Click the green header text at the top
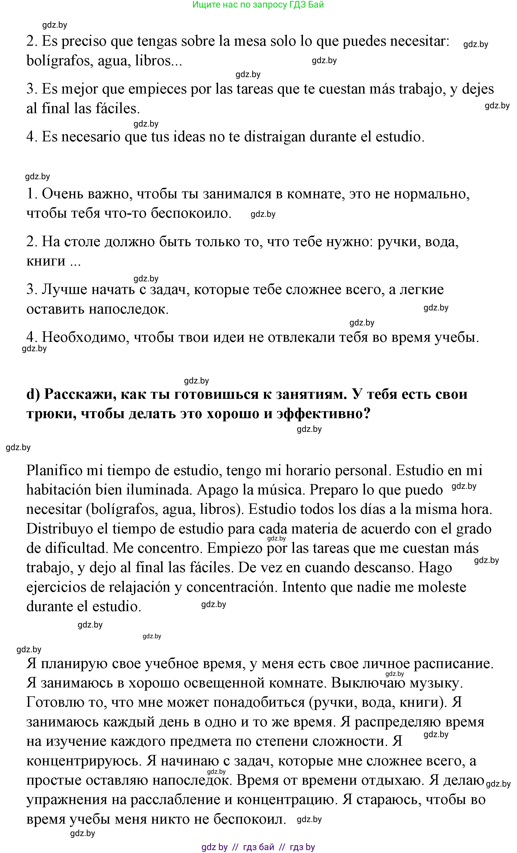point(258,5)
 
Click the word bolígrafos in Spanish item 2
point(59,61)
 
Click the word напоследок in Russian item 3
point(128,309)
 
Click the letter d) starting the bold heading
point(33,394)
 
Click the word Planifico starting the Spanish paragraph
point(54,471)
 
